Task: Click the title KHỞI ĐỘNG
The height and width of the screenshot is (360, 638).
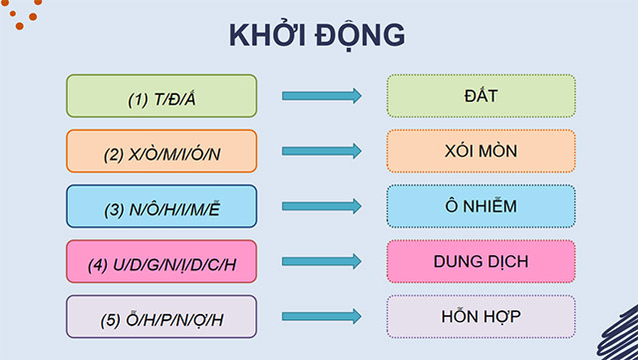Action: click(x=318, y=34)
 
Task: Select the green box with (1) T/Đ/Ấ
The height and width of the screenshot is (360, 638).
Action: click(x=161, y=97)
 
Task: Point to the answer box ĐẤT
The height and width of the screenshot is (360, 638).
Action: click(x=480, y=97)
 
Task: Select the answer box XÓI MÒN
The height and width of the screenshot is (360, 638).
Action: click(x=480, y=152)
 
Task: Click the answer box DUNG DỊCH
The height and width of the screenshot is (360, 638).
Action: click(x=480, y=262)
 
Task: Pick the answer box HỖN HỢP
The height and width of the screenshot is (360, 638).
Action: click(x=480, y=317)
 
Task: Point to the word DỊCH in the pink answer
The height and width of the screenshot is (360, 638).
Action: click(x=507, y=262)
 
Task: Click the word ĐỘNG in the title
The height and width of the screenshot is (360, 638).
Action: click(x=358, y=34)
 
